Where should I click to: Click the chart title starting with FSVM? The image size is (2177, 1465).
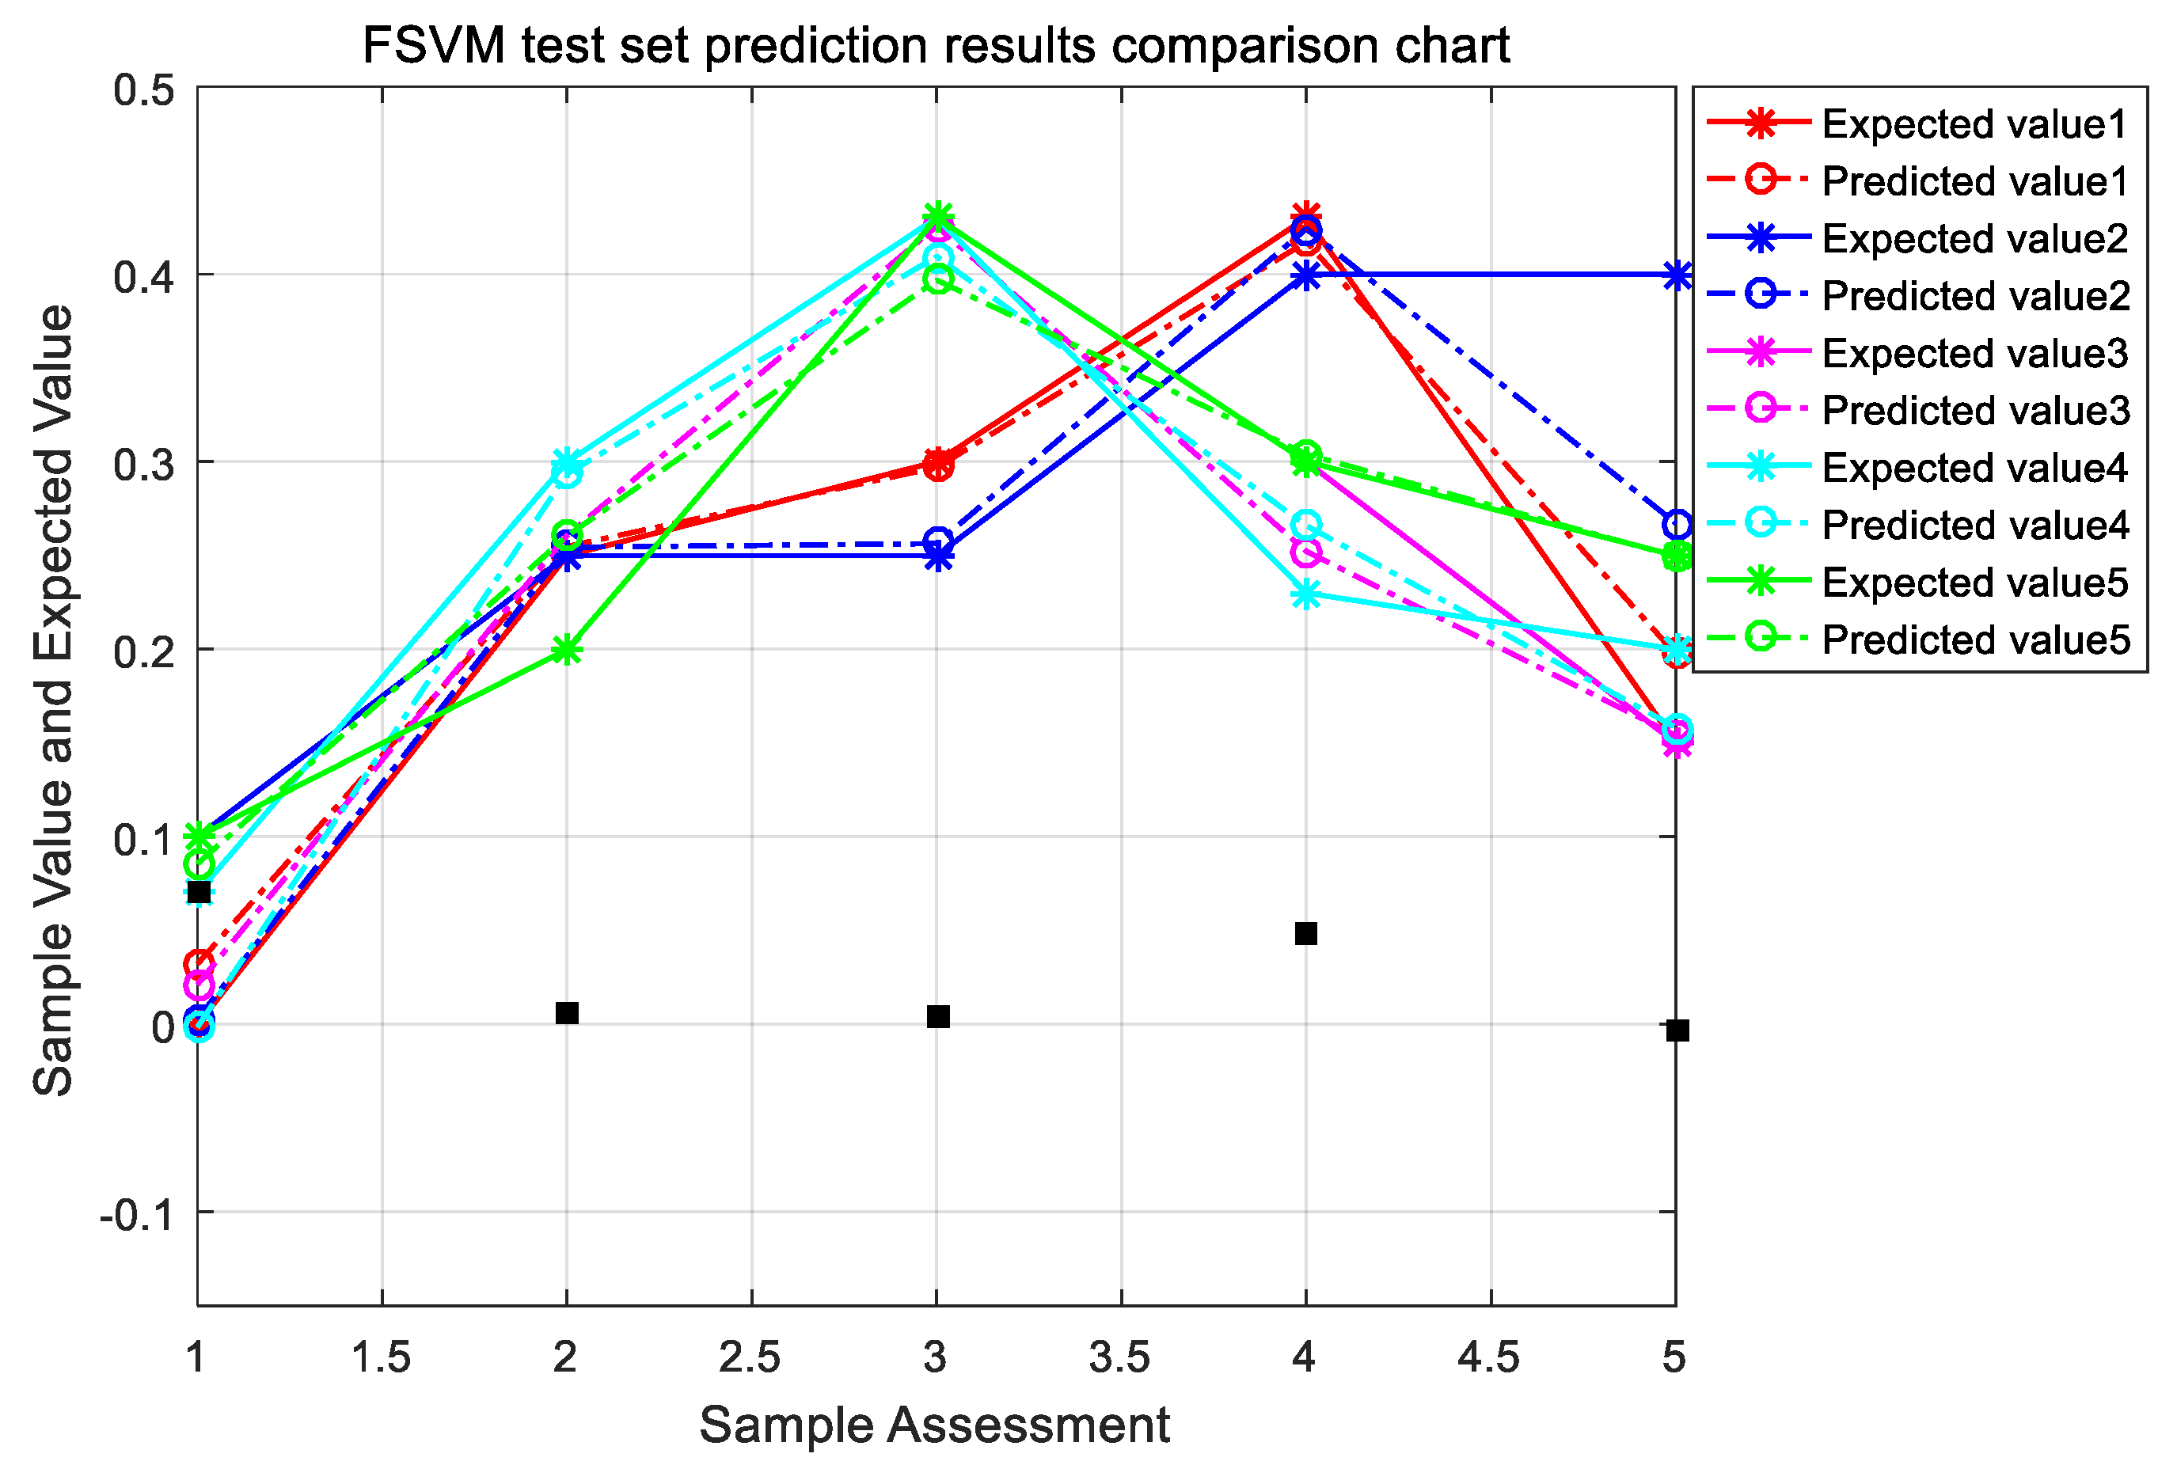pos(935,45)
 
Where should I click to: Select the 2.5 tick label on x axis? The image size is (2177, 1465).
pos(750,1357)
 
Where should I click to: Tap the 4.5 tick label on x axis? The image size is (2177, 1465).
pos(1488,1357)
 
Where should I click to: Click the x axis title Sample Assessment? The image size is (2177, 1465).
pos(934,1425)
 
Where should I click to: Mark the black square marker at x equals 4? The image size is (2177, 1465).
pos(1306,933)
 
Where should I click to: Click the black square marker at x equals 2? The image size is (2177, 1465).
pos(566,1013)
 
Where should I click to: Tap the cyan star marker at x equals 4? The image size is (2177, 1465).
pos(1306,594)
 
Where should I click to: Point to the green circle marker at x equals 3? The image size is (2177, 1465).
pos(938,279)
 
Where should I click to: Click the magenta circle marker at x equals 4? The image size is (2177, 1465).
pos(1306,552)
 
